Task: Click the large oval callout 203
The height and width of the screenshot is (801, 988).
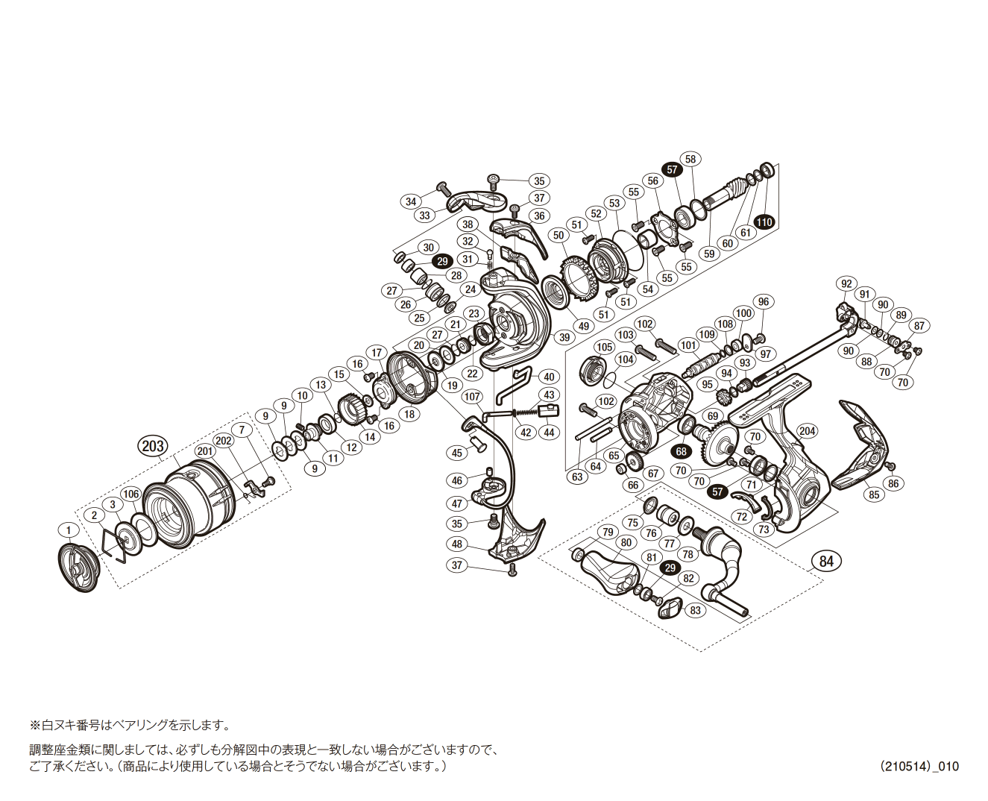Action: click(x=152, y=446)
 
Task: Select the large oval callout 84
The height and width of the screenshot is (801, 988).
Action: click(x=826, y=561)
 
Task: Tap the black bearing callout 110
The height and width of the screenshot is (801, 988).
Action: click(x=764, y=222)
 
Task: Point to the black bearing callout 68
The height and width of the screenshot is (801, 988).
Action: click(x=681, y=451)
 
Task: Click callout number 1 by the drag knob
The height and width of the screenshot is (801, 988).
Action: click(x=69, y=530)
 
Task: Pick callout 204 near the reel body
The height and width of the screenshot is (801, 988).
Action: click(x=807, y=431)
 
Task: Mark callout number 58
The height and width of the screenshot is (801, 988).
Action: click(x=690, y=159)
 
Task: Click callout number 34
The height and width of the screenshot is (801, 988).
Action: click(x=411, y=201)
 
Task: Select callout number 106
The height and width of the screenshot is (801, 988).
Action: click(x=131, y=494)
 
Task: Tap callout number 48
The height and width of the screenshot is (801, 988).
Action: click(x=457, y=544)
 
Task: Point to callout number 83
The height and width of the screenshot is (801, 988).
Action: click(x=695, y=610)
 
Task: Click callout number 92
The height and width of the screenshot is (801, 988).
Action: click(x=846, y=283)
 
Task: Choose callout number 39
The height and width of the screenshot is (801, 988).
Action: click(x=564, y=337)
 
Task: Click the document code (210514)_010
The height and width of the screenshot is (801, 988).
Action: click(x=919, y=766)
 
